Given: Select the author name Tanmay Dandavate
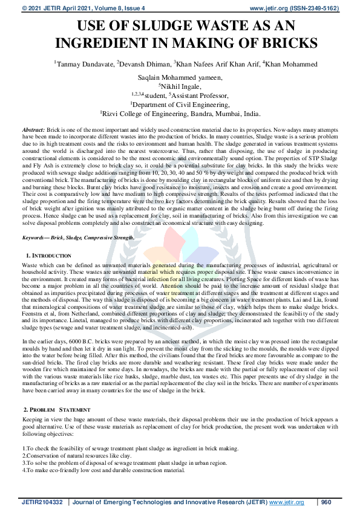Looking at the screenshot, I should click(x=84, y=64).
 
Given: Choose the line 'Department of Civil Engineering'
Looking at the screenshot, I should click(x=180, y=104).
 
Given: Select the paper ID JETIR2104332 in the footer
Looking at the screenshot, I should click(x=42, y=502).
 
